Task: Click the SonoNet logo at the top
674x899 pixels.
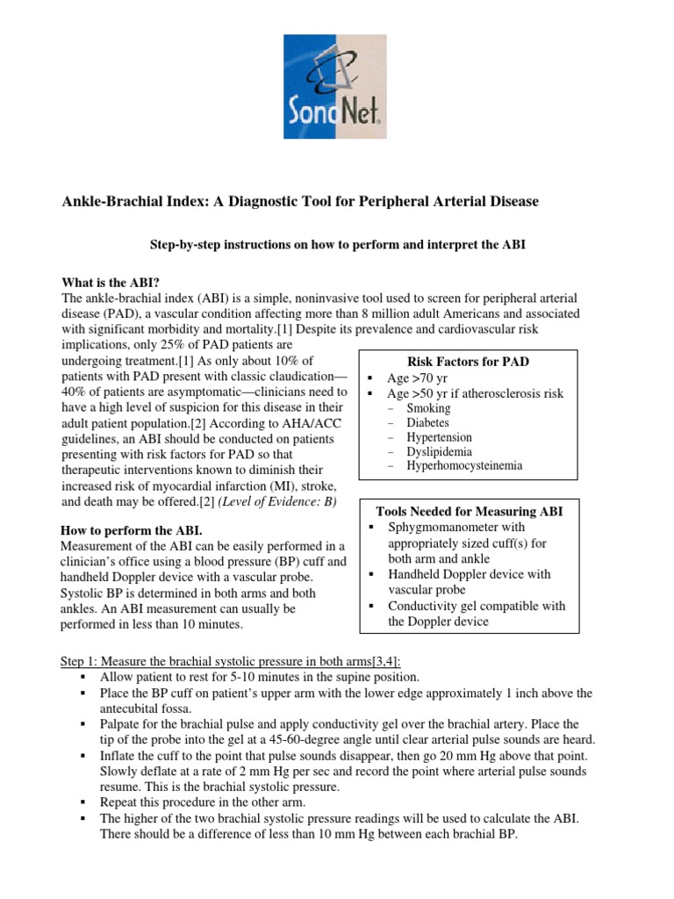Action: tap(335, 86)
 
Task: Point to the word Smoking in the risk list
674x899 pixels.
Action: tap(428, 408)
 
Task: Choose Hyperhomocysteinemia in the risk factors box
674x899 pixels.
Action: tap(464, 465)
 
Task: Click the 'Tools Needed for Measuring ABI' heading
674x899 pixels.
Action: tap(470, 511)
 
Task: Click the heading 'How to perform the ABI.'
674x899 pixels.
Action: tap(131, 531)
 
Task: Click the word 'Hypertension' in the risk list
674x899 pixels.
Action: tap(439, 437)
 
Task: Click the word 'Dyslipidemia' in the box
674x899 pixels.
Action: tap(439, 451)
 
